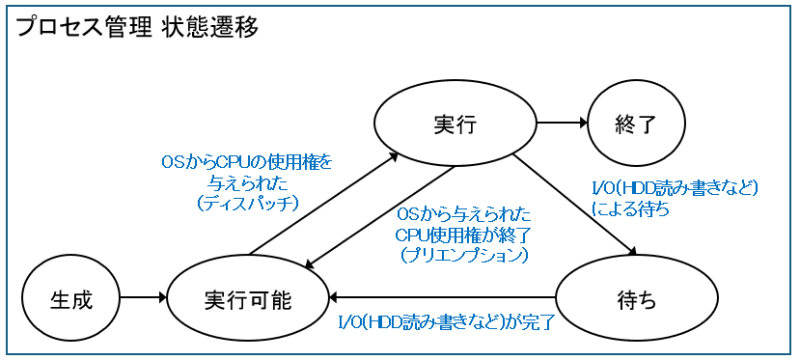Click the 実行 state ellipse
coord(455,125)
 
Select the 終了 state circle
coord(636,125)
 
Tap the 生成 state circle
coord(70,299)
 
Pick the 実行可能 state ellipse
coord(248,299)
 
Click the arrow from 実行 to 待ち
coord(573,204)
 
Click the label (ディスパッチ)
coord(247,204)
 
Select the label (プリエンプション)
coord(463,255)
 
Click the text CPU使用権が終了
coord(463,235)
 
